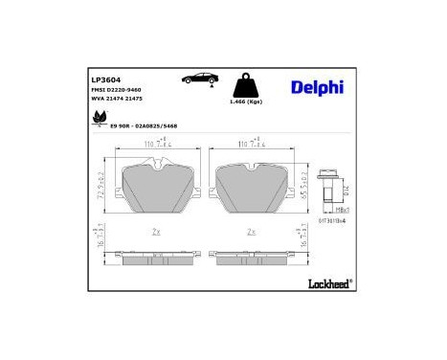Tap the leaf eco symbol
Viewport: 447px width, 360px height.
[98, 120]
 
